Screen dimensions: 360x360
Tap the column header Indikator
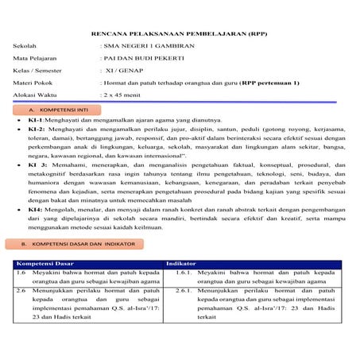[x=180, y=262]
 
